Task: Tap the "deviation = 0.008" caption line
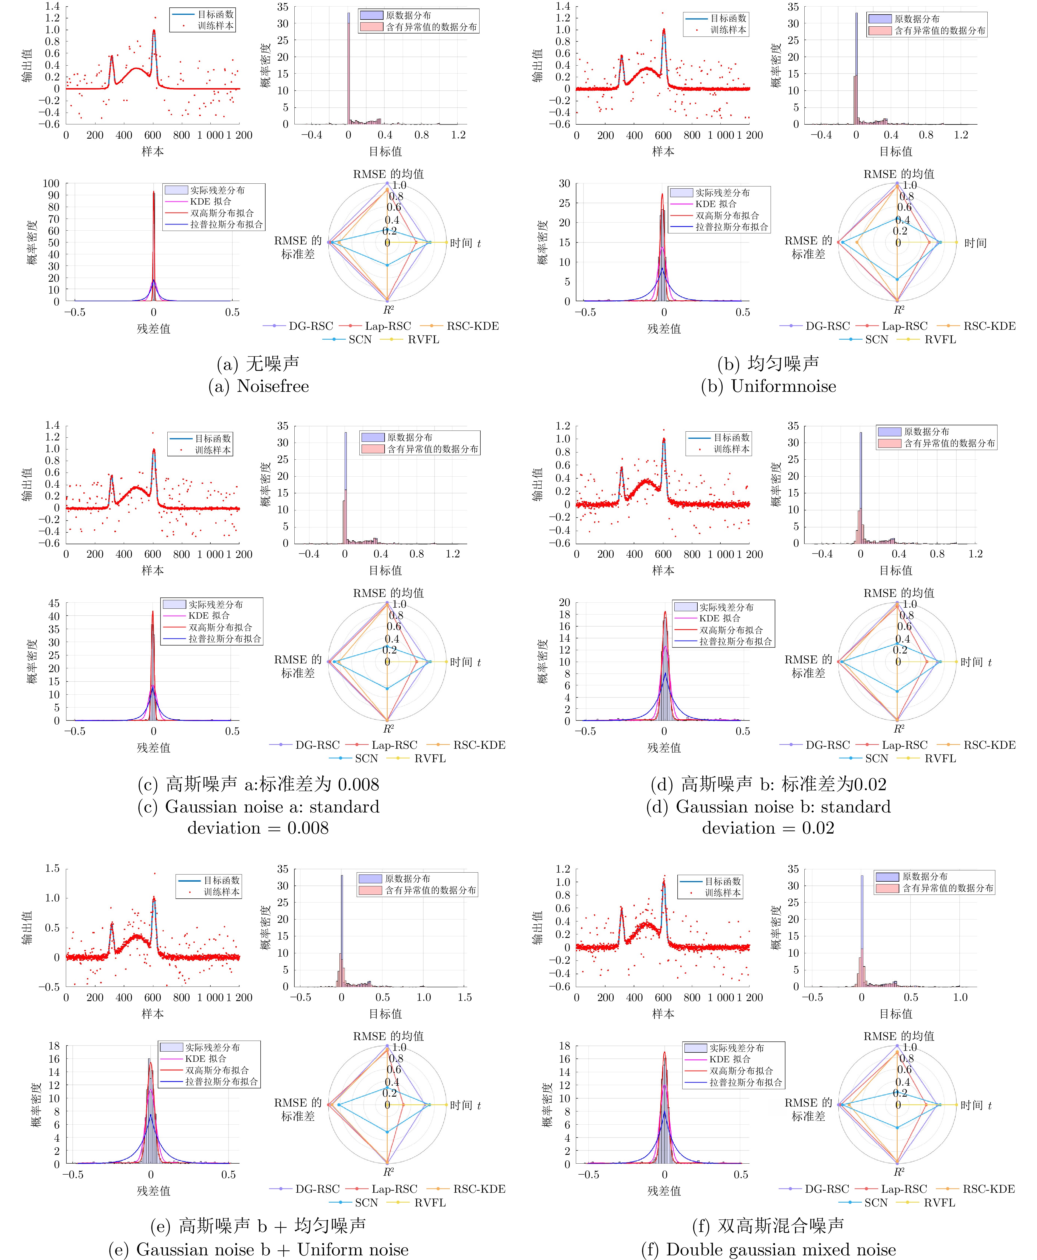(x=258, y=828)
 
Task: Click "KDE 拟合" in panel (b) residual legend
(x=716, y=204)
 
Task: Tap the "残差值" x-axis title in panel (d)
(x=664, y=748)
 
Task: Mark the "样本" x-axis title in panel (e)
(x=153, y=1014)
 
